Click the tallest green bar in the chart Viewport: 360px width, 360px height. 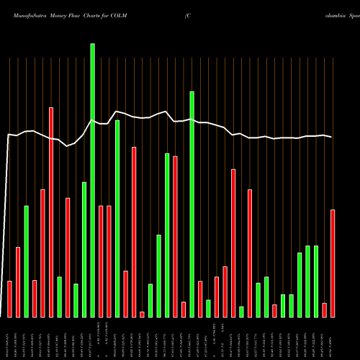pos(92,180)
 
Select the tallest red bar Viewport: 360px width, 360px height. pos(51,212)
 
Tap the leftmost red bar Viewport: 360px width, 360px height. pos(9,299)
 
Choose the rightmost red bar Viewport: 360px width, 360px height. pos(333,263)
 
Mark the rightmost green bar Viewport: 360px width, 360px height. pos(316,281)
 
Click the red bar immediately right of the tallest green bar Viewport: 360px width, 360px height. pos(101,261)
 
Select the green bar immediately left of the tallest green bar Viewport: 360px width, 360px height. pos(84,249)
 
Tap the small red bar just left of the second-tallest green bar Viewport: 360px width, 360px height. pos(184,309)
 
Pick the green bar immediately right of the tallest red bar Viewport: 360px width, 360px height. pos(59,297)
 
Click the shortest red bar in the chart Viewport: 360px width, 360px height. pos(142,314)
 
